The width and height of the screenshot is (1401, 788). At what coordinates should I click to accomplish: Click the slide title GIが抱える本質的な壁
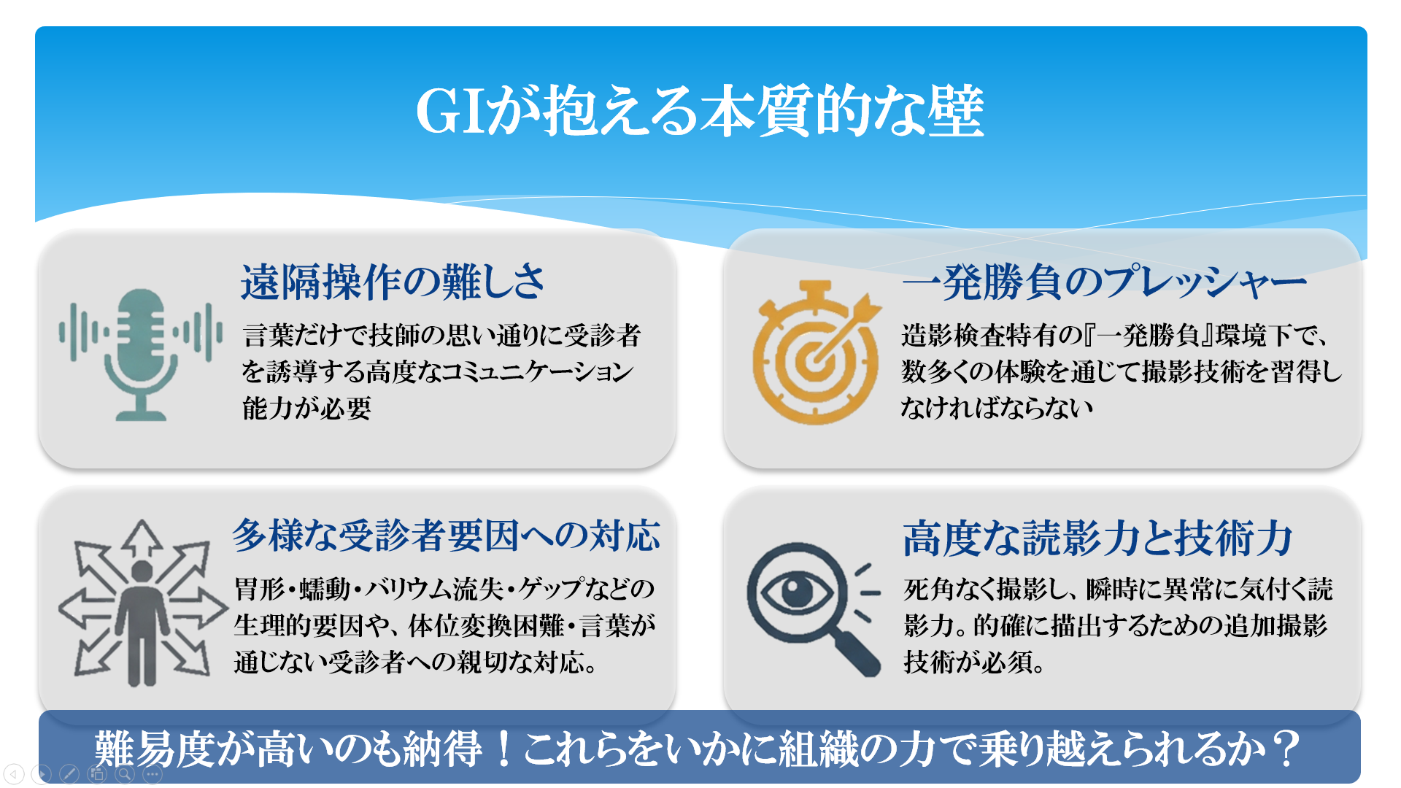point(700,111)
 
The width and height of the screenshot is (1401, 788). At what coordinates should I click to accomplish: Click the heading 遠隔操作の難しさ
point(393,282)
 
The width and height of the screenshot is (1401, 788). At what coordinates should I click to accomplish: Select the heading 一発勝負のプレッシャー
point(1104,282)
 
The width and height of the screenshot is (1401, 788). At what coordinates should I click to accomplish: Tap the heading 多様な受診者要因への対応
point(447,536)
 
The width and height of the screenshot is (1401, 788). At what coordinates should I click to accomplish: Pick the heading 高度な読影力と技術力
point(1097,538)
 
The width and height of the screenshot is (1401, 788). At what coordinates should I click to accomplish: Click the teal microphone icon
point(141,355)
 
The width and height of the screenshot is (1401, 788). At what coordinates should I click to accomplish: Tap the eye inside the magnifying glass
point(797,591)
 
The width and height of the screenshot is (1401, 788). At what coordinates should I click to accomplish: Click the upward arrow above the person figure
point(142,538)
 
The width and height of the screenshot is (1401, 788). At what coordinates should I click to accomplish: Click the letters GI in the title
point(451,112)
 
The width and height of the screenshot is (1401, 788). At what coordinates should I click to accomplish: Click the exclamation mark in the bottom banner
point(503,749)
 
